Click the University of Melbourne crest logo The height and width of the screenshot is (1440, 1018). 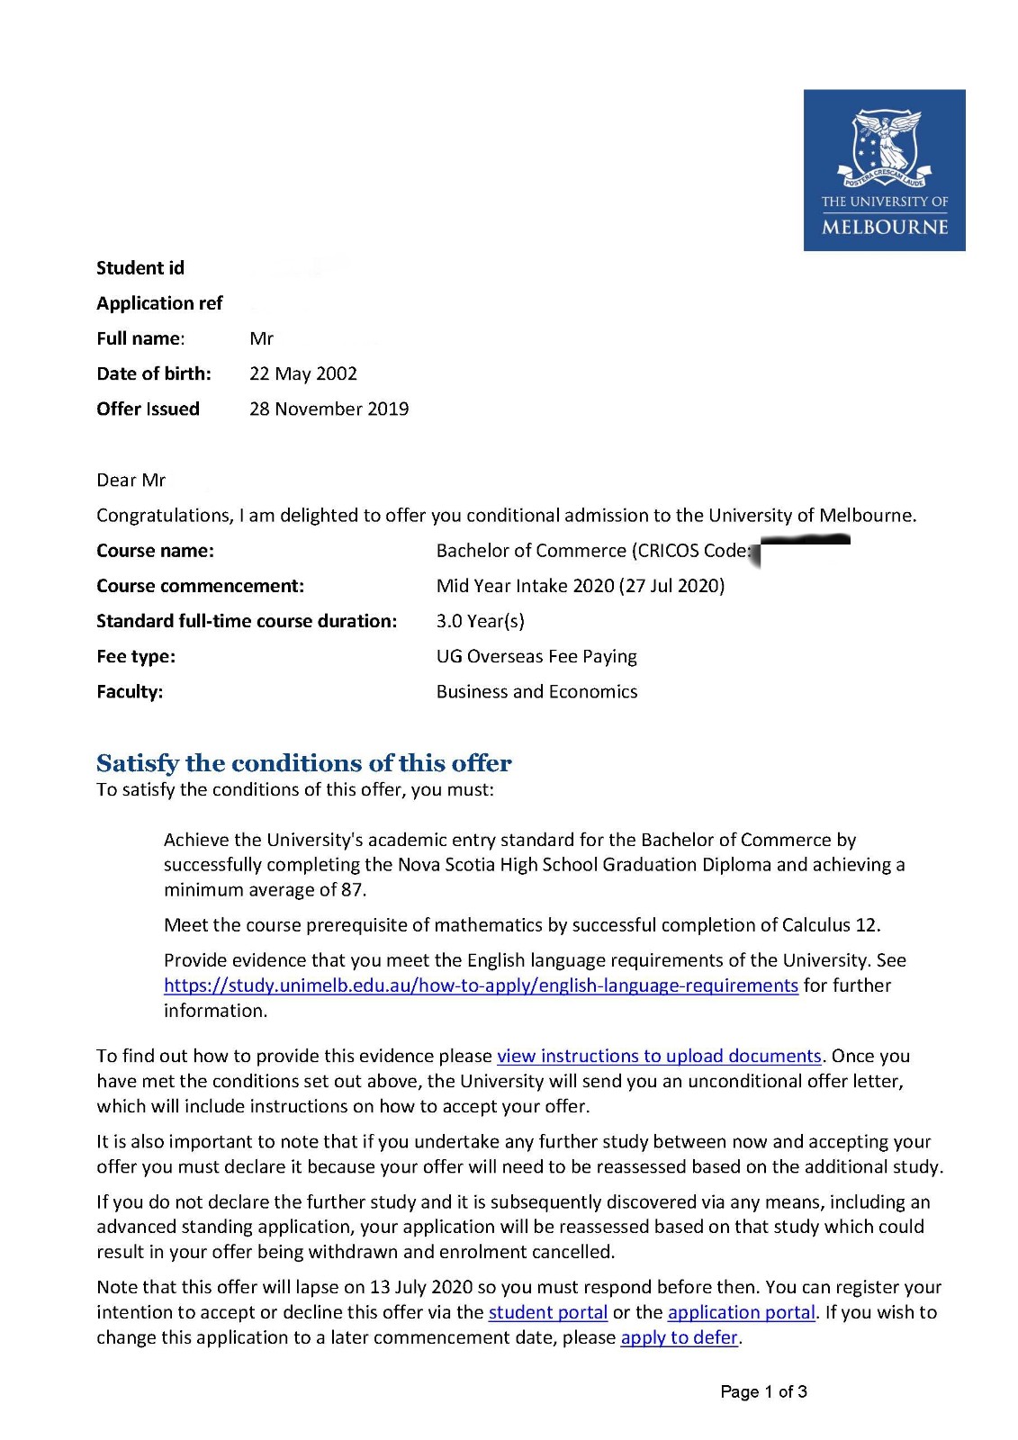tap(885, 145)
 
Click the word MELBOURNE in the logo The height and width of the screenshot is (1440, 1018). tap(885, 227)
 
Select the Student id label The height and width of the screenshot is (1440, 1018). tap(140, 268)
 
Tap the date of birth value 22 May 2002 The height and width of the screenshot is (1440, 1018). tap(303, 373)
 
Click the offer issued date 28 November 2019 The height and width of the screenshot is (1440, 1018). tap(329, 409)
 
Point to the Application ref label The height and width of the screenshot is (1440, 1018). tap(159, 303)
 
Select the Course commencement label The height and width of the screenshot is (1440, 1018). tap(200, 586)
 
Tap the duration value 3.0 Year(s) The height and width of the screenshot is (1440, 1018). tap(480, 621)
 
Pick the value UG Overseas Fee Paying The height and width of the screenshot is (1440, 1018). tap(536, 656)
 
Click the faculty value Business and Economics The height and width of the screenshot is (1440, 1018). tap(536, 691)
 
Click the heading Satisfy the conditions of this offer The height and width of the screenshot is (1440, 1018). tap(303, 763)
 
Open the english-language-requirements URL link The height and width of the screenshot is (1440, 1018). tap(481, 985)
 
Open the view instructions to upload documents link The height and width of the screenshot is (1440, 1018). tap(659, 1056)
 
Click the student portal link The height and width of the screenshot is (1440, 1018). tap(547, 1312)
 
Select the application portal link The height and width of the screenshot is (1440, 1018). tap(741, 1312)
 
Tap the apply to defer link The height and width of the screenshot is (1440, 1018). tap(680, 1337)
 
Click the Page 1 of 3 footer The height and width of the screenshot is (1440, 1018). tap(763, 1391)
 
